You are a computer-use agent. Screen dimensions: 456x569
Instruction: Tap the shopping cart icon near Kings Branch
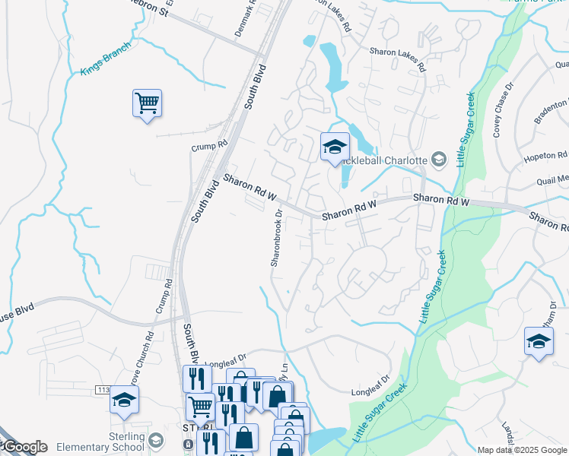click(x=147, y=103)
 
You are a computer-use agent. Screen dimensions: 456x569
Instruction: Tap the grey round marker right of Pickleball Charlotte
click(x=439, y=160)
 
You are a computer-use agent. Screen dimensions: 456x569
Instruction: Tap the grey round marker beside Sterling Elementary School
click(x=156, y=441)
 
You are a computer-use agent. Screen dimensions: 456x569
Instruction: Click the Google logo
click(x=24, y=447)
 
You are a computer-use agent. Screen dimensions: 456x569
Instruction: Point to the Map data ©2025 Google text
click(x=522, y=450)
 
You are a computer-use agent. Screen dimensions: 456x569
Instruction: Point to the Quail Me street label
click(x=552, y=180)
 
